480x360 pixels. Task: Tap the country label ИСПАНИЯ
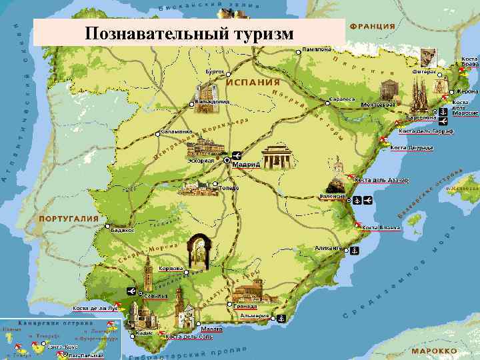(253, 82)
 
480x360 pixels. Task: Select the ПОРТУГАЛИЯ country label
(69, 219)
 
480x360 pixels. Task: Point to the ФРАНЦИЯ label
(372, 27)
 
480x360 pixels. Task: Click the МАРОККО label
(434, 350)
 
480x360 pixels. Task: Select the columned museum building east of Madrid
(275, 157)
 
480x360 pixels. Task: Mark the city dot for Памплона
(297, 49)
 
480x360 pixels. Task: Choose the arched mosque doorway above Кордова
(199, 251)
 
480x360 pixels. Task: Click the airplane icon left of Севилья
(131, 291)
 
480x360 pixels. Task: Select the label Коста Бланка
(381, 228)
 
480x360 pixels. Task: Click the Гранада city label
(245, 305)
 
